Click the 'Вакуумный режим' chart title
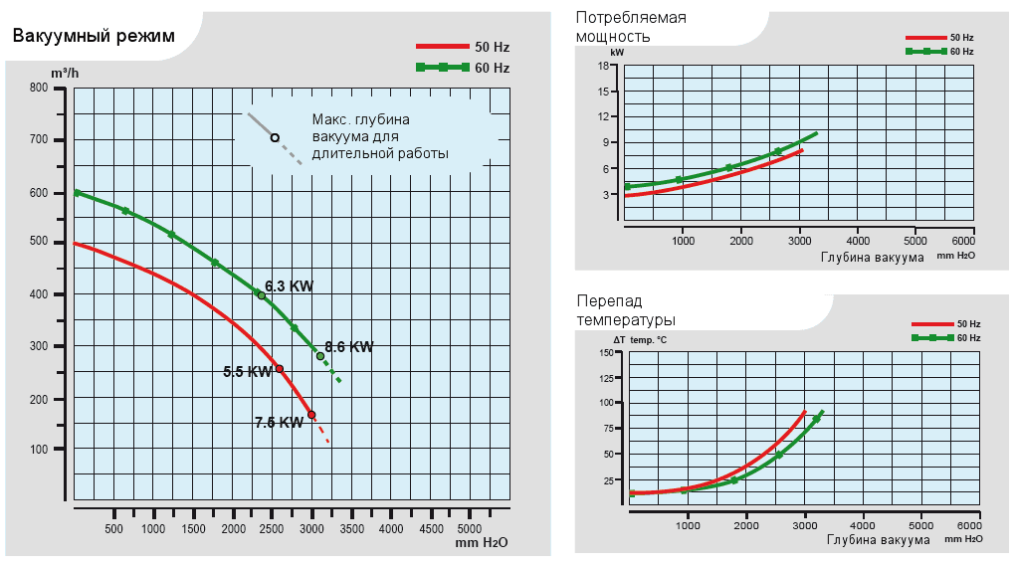pyautogui.click(x=94, y=36)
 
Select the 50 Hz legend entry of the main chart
pyautogui.click(x=462, y=47)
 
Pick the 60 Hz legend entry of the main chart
pyautogui.click(x=462, y=68)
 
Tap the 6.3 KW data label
pyautogui.click(x=290, y=286)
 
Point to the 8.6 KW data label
pyautogui.click(x=349, y=347)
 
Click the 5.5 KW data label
pyautogui.click(x=247, y=372)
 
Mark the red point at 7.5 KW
pyautogui.click(x=311, y=415)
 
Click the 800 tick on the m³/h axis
pyautogui.click(x=39, y=88)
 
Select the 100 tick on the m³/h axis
pyautogui.click(x=39, y=450)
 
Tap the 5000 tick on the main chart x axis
pyautogui.click(x=469, y=528)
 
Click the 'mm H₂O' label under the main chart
pyautogui.click(x=482, y=543)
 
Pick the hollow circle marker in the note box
pyautogui.click(x=275, y=137)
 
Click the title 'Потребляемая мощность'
pyautogui.click(x=631, y=27)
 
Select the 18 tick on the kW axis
pyautogui.click(x=603, y=66)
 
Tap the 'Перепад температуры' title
pyautogui.click(x=626, y=309)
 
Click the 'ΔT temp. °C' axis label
pyautogui.click(x=639, y=340)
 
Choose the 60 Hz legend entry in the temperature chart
pyautogui.click(x=946, y=338)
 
